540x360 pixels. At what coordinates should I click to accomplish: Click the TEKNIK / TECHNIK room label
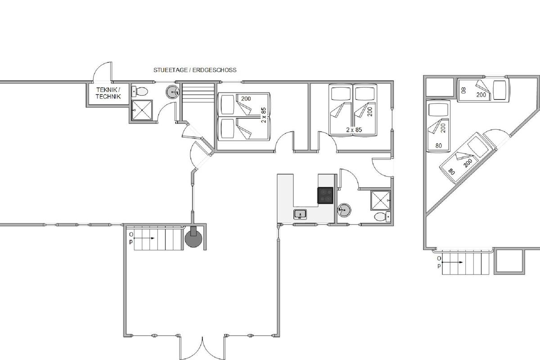(108, 93)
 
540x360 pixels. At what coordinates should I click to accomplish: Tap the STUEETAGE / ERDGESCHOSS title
(195, 70)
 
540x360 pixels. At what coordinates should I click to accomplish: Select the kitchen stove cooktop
(325, 195)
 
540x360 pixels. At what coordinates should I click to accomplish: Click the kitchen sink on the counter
(300, 214)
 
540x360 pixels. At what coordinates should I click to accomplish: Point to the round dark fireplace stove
(193, 238)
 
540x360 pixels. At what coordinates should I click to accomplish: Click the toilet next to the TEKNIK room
(139, 91)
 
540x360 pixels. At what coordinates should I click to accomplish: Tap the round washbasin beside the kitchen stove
(344, 210)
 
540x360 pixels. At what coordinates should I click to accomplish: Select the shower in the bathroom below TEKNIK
(142, 110)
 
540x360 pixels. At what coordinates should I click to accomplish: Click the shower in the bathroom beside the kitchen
(380, 200)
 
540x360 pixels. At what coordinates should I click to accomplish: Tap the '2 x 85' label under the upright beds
(354, 130)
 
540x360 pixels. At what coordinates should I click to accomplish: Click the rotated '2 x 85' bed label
(264, 115)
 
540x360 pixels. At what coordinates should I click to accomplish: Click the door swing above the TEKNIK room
(103, 72)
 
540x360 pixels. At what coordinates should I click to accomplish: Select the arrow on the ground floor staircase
(144, 238)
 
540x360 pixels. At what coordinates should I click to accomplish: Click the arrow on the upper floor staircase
(452, 262)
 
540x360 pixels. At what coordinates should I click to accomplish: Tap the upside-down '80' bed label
(463, 90)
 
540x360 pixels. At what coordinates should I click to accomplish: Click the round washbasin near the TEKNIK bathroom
(173, 92)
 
